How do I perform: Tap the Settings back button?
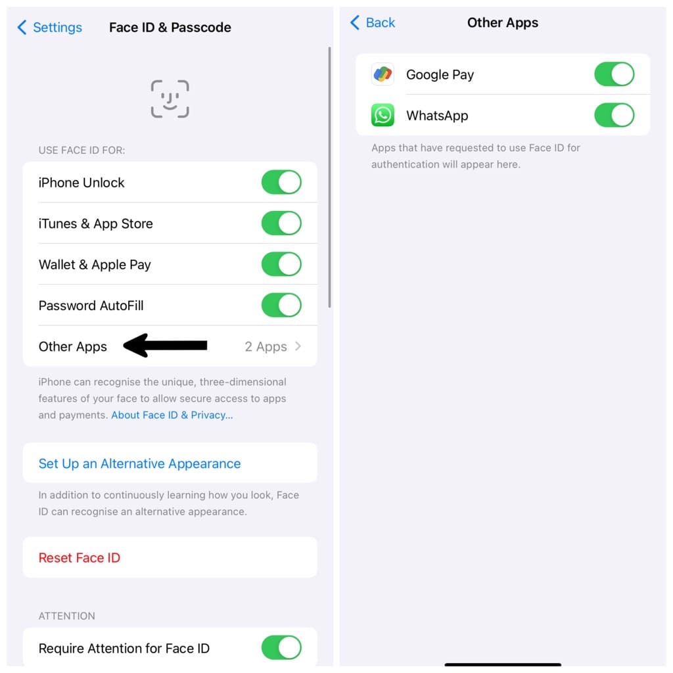[x=50, y=28]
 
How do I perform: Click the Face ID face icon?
[x=170, y=99]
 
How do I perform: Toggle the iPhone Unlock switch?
[x=281, y=183]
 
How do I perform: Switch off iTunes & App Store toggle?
[x=281, y=223]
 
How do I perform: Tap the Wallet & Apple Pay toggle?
[x=281, y=264]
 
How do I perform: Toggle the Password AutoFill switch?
[x=281, y=305]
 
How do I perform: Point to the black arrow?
[x=166, y=346]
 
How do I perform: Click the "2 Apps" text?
[x=266, y=346]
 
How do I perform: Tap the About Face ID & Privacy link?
[x=172, y=415]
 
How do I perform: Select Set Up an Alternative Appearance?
[x=139, y=463]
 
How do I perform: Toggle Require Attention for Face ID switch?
[x=281, y=648]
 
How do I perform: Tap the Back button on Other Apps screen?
[x=373, y=23]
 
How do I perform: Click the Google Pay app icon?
[x=383, y=74]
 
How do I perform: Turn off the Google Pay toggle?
[x=614, y=74]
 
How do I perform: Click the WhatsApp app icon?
[x=383, y=116]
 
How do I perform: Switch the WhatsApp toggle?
[x=614, y=116]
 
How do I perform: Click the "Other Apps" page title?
[x=503, y=23]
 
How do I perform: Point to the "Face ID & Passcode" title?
[x=170, y=28]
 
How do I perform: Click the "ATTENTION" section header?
[x=67, y=616]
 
